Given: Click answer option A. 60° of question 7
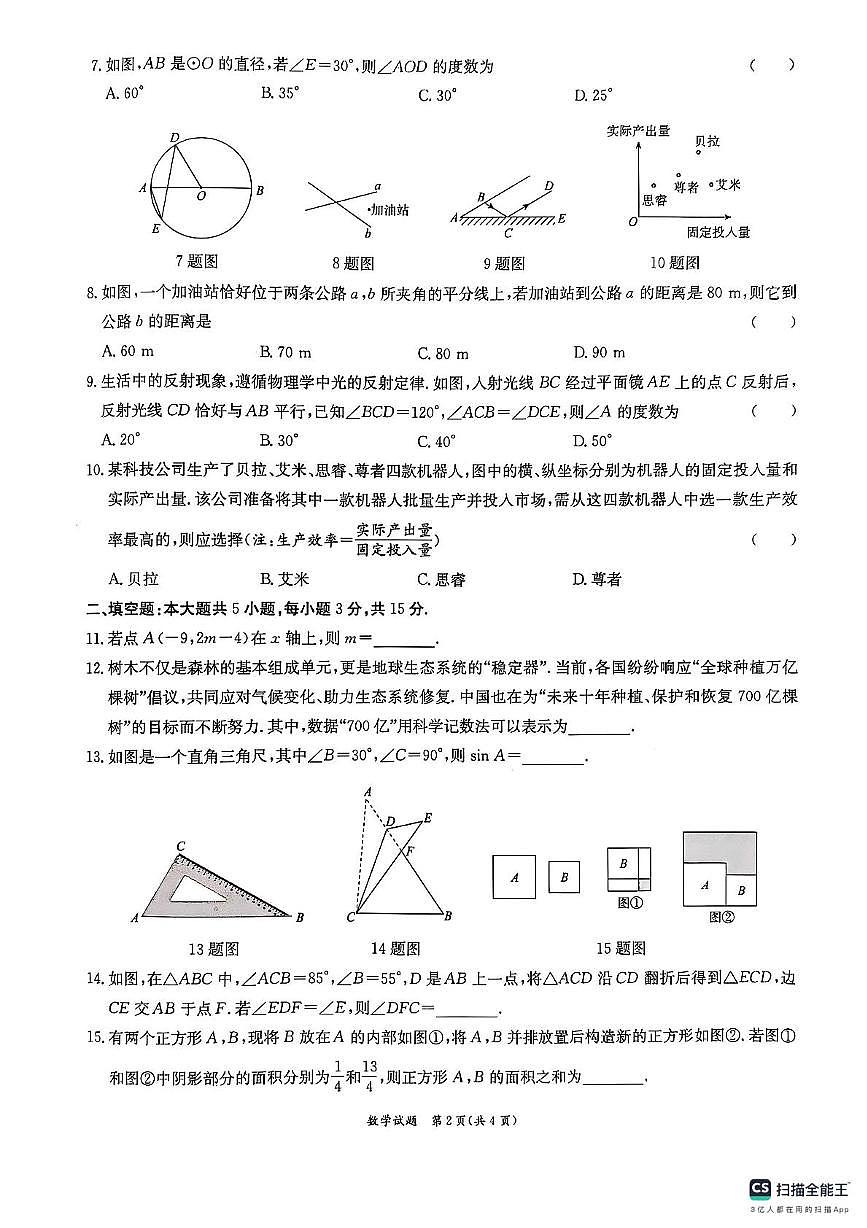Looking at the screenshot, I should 125,95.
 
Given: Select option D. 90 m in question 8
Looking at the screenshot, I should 599,352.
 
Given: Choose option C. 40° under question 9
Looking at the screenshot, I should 437,440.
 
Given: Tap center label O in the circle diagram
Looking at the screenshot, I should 201,197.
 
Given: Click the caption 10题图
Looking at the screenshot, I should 674,262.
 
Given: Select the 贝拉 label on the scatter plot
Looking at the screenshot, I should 707,142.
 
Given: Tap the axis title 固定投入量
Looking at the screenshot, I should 718,232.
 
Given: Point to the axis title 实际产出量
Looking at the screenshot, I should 638,131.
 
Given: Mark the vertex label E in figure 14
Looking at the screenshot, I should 428,817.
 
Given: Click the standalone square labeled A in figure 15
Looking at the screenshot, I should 514,877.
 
